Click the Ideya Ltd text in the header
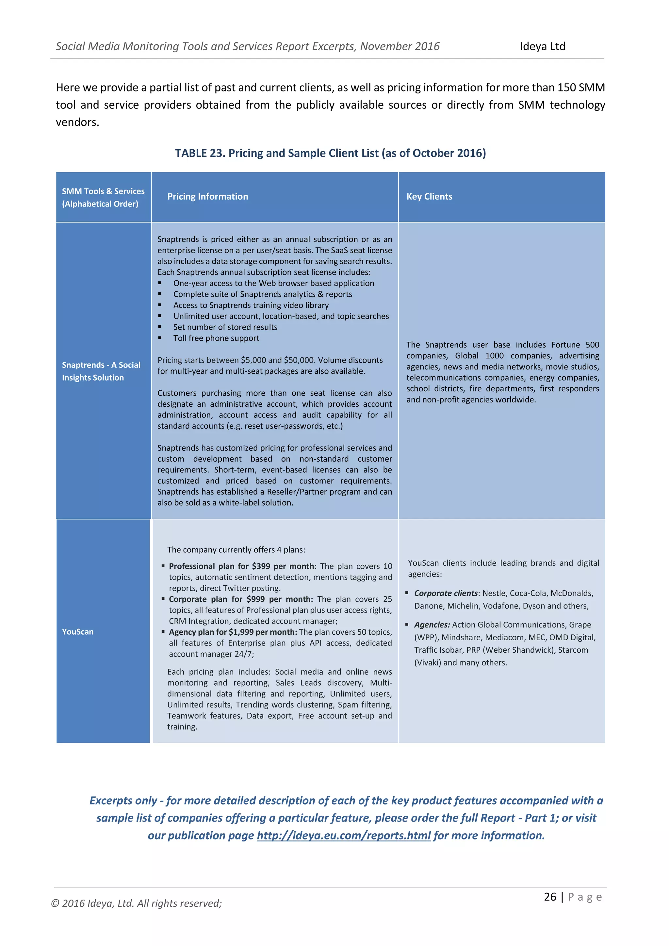542,47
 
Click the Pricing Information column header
208,197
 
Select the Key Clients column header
429,197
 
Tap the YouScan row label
78,632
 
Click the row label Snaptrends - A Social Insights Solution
101,371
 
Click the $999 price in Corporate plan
255,599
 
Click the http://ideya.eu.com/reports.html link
344,835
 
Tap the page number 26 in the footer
550,897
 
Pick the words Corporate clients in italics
446,593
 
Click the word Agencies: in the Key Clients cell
432,625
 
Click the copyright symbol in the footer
55,903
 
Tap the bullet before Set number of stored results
160,327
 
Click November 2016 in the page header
400,47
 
